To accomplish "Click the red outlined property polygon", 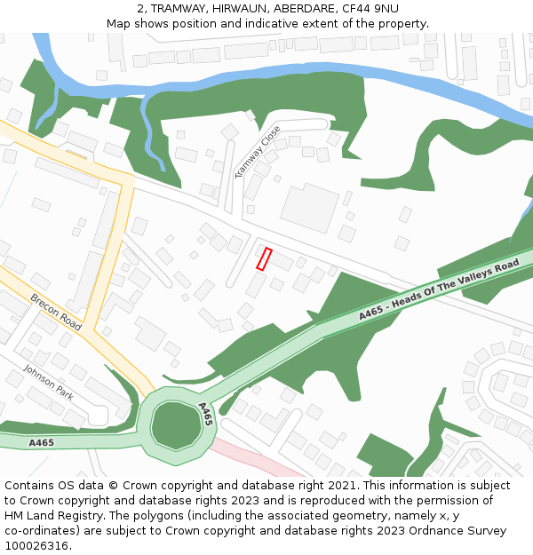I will pyautogui.click(x=264, y=258).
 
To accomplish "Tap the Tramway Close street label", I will pyautogui.click(x=257, y=152).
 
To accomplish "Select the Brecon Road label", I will pyautogui.click(x=56, y=312).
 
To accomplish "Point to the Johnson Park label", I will pyautogui.click(x=48, y=383).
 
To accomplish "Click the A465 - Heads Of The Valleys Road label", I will pyautogui.click(x=439, y=290).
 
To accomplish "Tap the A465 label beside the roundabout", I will pyautogui.click(x=205, y=414).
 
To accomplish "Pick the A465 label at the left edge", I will pyautogui.click(x=41, y=442).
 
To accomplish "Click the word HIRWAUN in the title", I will pyautogui.click(x=239, y=8).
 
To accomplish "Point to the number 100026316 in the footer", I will pyautogui.click(x=36, y=545).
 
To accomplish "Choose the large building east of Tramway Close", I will pyautogui.click(x=309, y=207).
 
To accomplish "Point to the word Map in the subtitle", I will pyautogui.click(x=118, y=23).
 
